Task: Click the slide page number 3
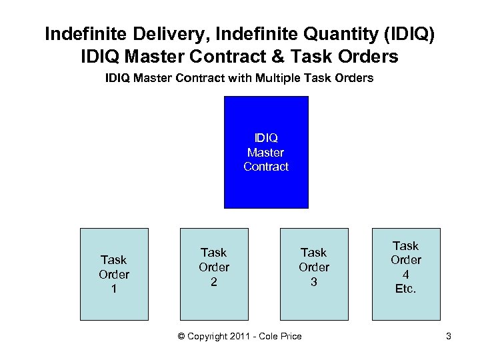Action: point(449,336)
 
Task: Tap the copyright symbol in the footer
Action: point(182,336)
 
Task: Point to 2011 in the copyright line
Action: point(241,336)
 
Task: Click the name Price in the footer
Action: point(290,336)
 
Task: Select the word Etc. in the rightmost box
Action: point(406,289)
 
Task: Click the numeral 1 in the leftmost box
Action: point(114,289)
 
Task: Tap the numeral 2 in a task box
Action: point(214,281)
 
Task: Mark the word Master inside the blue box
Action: point(266,152)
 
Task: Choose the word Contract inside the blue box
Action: point(266,167)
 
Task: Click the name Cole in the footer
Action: point(267,336)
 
